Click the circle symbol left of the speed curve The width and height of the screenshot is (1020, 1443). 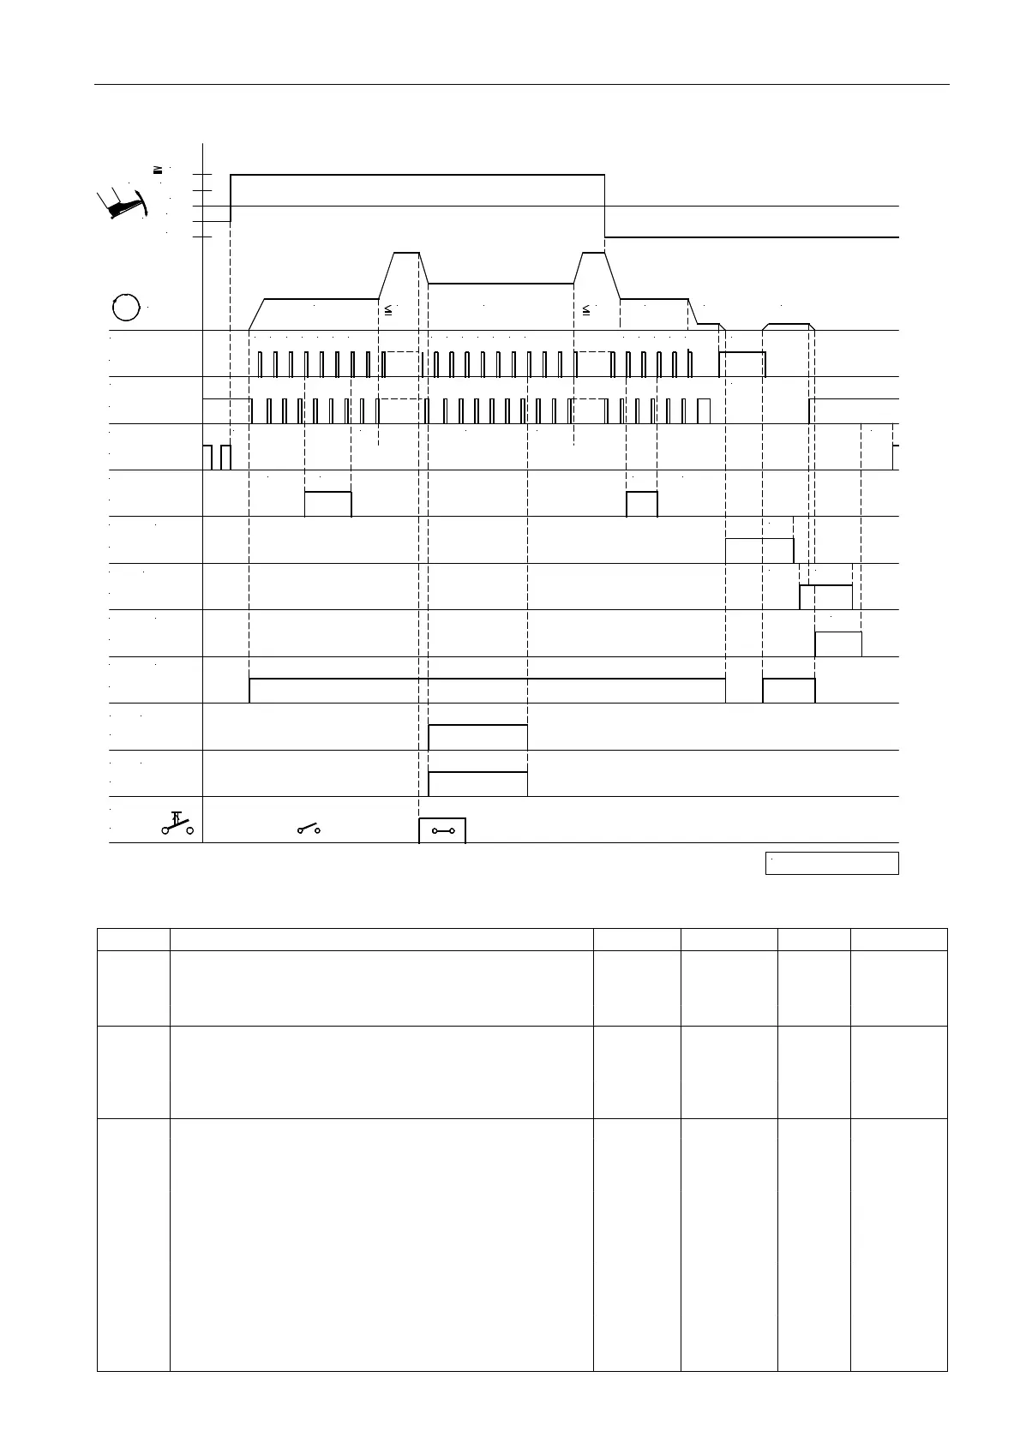(126, 307)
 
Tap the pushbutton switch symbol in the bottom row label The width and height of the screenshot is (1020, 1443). (177, 823)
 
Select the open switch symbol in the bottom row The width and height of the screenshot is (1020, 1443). (309, 829)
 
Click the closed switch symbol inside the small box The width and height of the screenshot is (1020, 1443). (442, 830)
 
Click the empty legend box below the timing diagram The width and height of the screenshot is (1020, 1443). (831, 863)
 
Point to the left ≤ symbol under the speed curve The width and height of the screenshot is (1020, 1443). (387, 309)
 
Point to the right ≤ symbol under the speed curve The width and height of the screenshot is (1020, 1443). (586, 309)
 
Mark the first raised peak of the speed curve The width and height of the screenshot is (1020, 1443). (406, 254)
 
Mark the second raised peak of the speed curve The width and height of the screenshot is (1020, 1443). (593, 254)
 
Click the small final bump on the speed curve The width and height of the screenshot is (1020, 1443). (788, 325)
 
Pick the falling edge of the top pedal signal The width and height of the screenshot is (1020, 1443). (605, 206)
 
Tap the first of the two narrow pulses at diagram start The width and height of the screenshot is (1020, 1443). (207, 458)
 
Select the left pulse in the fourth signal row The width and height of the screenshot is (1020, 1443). (328, 504)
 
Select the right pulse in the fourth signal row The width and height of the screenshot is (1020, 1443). (642, 504)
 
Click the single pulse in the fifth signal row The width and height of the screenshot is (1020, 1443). (759, 550)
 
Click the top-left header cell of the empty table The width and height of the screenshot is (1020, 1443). (133, 938)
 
